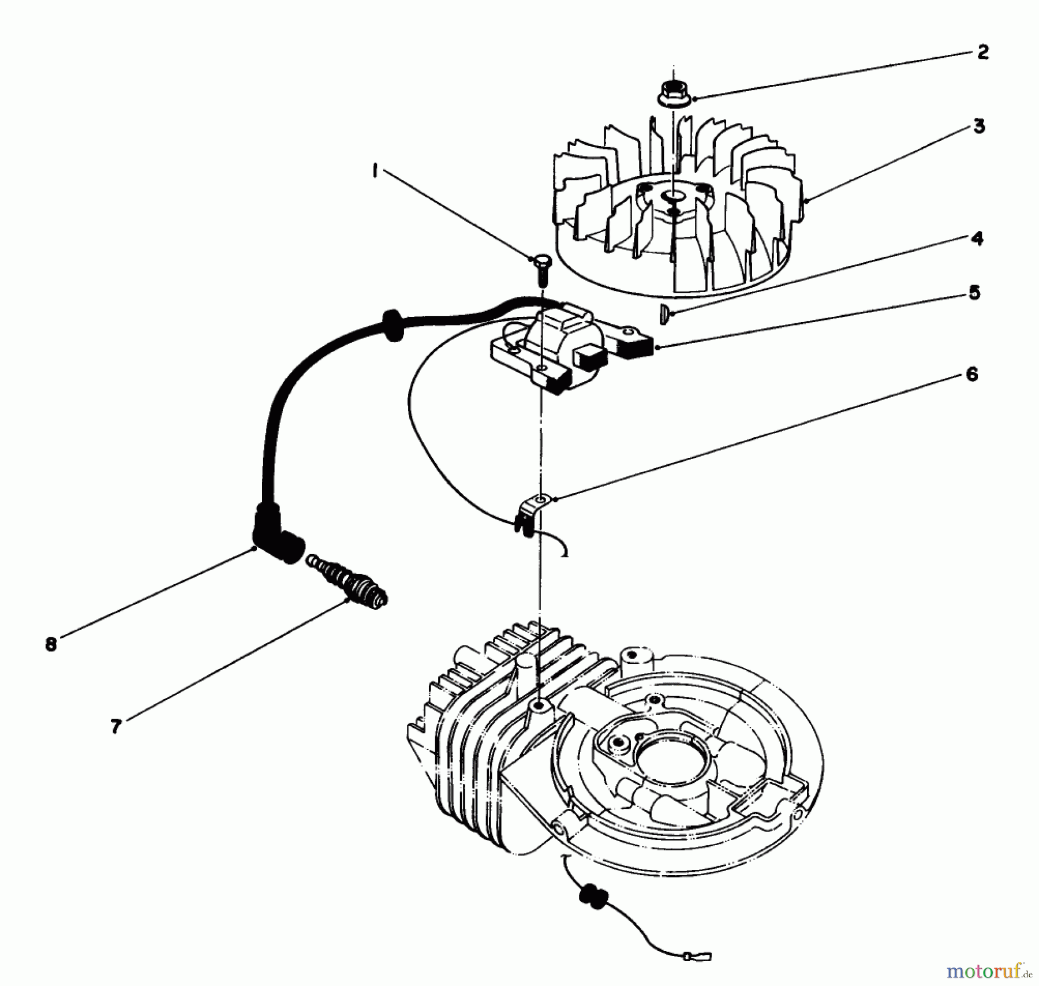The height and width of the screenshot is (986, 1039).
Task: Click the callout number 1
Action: tap(376, 171)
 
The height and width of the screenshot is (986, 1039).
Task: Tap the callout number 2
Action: tap(983, 53)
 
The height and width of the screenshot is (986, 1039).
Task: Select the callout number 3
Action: tap(979, 126)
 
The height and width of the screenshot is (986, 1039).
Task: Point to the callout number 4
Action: tap(977, 238)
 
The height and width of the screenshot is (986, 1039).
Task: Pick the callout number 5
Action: tap(974, 293)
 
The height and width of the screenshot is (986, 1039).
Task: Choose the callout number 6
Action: tap(972, 375)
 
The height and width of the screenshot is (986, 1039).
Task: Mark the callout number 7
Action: tap(116, 726)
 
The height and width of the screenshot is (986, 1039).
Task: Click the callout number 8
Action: tap(52, 644)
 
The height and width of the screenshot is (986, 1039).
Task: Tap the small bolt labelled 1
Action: tap(541, 270)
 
